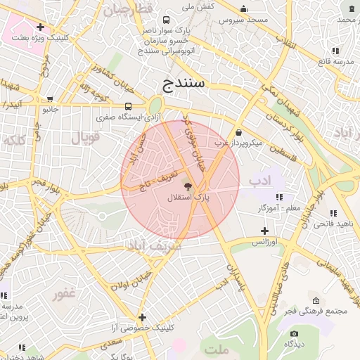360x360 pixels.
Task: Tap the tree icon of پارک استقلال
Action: pyautogui.click(x=188, y=186)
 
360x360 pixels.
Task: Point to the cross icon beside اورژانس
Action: pyautogui.click(x=264, y=231)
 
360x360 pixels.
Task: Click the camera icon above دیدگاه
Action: pyautogui.click(x=294, y=333)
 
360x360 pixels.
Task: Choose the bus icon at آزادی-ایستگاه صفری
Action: pyautogui.click(x=127, y=105)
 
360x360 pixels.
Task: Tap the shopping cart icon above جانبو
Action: pyautogui.click(x=49, y=99)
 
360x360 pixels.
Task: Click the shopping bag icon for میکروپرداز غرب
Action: pyautogui.click(x=239, y=132)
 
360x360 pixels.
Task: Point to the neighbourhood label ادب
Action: pyautogui.click(x=259, y=181)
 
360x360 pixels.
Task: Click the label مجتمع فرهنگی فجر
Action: pyautogui.click(x=316, y=311)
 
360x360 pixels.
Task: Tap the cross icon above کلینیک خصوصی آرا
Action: pyautogui.click(x=143, y=317)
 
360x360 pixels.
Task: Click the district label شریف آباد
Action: pyautogui.click(x=153, y=246)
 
